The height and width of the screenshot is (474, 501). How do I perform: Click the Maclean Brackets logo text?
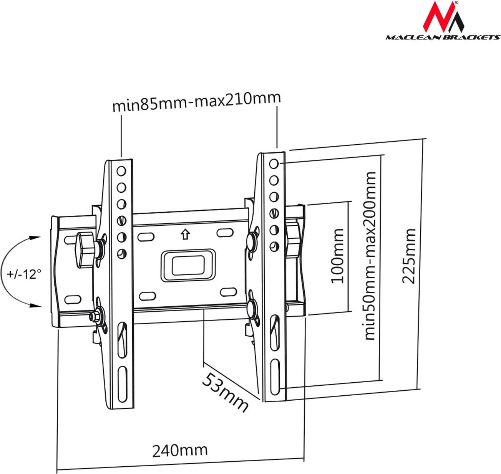tap(443, 37)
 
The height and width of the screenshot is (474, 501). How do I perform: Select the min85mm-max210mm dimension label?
tap(196, 101)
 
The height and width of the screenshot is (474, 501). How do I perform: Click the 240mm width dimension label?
tap(180, 450)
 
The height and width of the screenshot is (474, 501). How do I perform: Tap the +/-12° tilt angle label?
tap(24, 274)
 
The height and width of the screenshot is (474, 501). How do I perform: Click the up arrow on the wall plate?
tap(186, 234)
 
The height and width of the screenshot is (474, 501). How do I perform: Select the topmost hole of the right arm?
tap(274, 164)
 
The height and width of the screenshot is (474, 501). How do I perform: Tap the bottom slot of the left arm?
tap(121, 383)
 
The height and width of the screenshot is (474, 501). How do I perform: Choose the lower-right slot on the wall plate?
tap(228, 292)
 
